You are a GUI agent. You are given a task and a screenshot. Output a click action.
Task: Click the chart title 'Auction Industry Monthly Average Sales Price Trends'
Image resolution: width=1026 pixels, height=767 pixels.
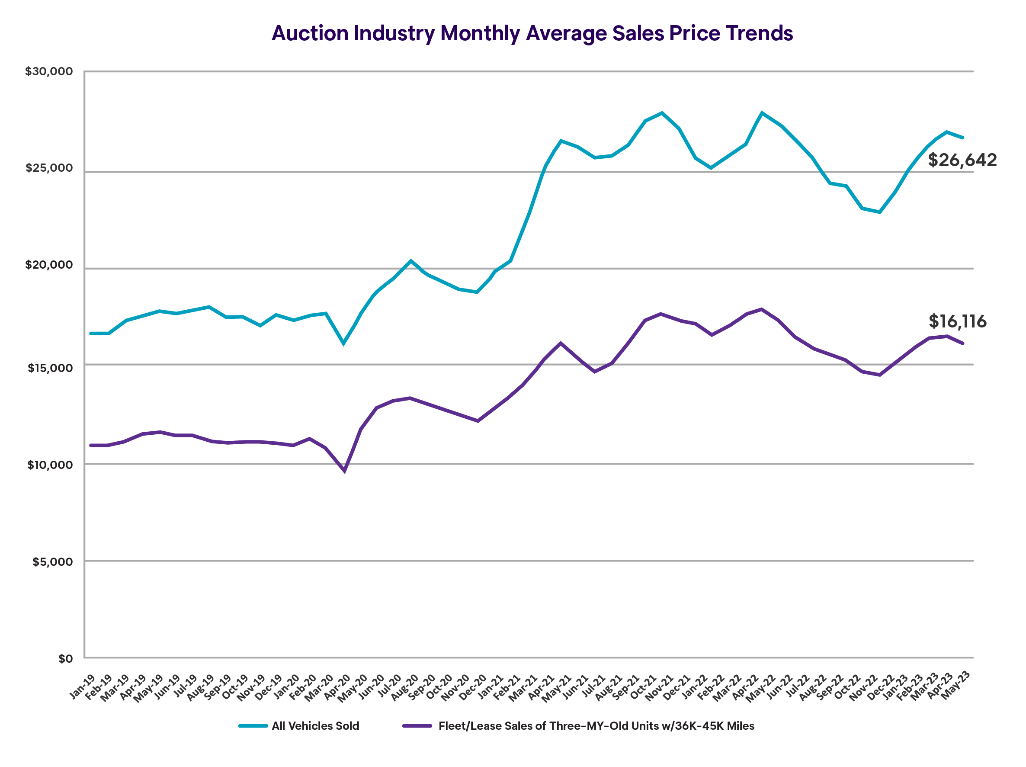[x=532, y=33]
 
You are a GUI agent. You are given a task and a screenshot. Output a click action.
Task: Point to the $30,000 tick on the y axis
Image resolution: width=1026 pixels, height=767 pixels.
[x=49, y=71]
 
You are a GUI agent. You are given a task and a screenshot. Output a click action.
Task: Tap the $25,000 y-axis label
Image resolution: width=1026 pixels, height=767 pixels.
[x=49, y=168]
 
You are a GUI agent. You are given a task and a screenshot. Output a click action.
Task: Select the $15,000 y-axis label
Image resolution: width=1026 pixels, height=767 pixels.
[x=50, y=369]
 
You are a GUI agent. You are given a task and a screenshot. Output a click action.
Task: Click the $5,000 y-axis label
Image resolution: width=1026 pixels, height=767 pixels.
[x=52, y=562]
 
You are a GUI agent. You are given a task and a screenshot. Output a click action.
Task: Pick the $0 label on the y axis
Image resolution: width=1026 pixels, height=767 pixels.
[x=65, y=659]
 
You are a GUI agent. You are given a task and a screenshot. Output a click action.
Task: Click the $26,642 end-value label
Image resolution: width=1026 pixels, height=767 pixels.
[x=962, y=160]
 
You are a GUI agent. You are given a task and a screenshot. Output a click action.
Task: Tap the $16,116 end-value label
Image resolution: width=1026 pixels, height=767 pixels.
[x=957, y=321]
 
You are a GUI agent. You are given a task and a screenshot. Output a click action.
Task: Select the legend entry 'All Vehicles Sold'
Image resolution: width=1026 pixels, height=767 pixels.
[x=315, y=726]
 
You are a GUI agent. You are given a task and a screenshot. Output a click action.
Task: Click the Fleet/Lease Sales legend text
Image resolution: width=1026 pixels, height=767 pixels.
[x=596, y=726]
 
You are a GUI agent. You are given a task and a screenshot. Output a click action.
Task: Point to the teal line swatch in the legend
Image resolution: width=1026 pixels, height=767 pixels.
[x=253, y=726]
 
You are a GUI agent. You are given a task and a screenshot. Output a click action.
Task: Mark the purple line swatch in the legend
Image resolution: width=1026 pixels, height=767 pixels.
[x=417, y=726]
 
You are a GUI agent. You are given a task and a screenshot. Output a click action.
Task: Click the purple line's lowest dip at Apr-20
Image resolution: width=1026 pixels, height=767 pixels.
[x=344, y=471]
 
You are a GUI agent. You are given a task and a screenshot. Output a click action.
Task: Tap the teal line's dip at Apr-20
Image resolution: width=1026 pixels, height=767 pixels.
[x=344, y=343]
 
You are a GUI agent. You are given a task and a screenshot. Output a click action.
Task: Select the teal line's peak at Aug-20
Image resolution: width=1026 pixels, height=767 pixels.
[x=410, y=261]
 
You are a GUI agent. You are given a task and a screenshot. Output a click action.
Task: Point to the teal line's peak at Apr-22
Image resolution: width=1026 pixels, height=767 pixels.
[x=762, y=113]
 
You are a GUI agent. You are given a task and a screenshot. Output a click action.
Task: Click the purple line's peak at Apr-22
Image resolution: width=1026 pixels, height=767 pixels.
[x=762, y=309]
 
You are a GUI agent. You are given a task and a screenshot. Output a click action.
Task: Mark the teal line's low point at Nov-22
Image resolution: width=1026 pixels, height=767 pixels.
[x=879, y=212]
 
